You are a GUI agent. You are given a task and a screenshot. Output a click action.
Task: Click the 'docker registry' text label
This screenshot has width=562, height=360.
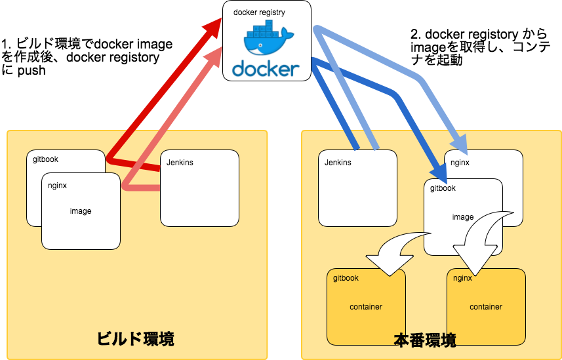259,12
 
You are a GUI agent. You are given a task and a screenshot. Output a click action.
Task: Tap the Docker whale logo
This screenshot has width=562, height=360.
266,39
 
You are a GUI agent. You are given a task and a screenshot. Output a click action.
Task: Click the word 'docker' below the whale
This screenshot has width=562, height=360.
266,68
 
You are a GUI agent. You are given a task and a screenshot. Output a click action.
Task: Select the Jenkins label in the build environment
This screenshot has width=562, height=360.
180,163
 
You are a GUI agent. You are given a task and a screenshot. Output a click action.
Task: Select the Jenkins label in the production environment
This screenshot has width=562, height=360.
338,163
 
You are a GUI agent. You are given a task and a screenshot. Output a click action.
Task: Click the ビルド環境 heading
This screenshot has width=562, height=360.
135,339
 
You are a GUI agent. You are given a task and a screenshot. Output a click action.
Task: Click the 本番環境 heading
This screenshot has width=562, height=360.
424,340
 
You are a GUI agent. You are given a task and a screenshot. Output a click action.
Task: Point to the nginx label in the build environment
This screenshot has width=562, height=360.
58,186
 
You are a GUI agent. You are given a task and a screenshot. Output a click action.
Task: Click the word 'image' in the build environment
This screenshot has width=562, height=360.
81,211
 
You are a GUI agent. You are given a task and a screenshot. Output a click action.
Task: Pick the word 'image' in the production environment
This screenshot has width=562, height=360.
463,217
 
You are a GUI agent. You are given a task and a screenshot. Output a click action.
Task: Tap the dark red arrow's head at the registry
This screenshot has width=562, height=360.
213,27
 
